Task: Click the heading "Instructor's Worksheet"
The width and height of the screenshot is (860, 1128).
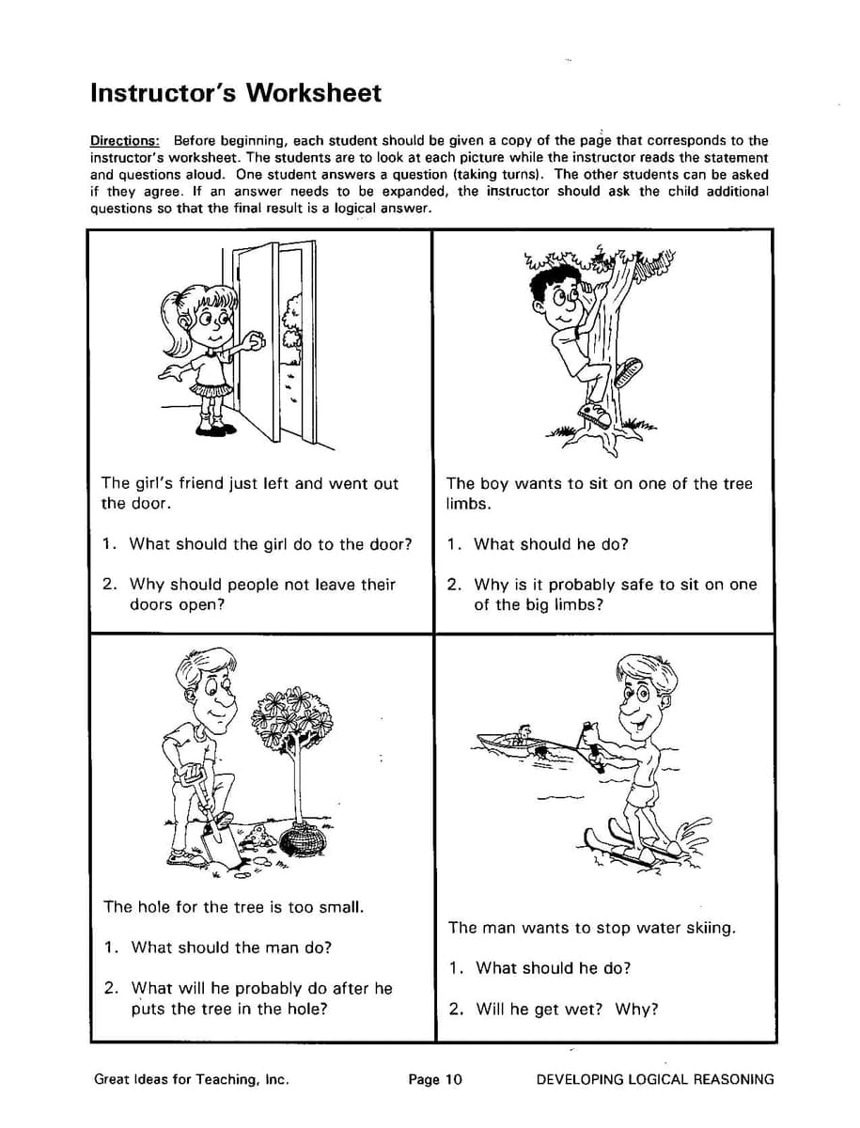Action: point(236,93)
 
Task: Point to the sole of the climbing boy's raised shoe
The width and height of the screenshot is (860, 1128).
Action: point(629,373)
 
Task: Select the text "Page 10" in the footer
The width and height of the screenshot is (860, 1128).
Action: point(435,1079)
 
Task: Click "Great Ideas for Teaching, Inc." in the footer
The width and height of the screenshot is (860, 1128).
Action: point(191,1079)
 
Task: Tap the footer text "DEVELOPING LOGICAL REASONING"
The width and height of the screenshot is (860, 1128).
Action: point(655,1079)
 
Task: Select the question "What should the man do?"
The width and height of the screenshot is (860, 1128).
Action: point(230,948)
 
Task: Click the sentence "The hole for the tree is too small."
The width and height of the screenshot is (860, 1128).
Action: point(233,907)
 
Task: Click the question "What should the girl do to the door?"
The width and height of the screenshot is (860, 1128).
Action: point(270,544)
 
